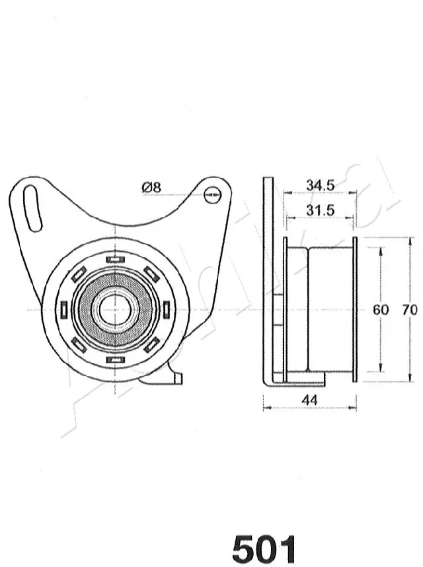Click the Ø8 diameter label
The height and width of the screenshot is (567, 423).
151,188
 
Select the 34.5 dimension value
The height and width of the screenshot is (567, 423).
320,186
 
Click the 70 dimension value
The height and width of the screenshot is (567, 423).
410,309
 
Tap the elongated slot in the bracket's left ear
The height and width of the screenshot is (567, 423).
32,208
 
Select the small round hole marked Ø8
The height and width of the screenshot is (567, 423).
211,194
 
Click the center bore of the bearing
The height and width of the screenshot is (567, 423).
114,309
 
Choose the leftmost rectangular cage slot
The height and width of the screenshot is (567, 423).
64,309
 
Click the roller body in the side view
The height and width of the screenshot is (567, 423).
330,309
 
